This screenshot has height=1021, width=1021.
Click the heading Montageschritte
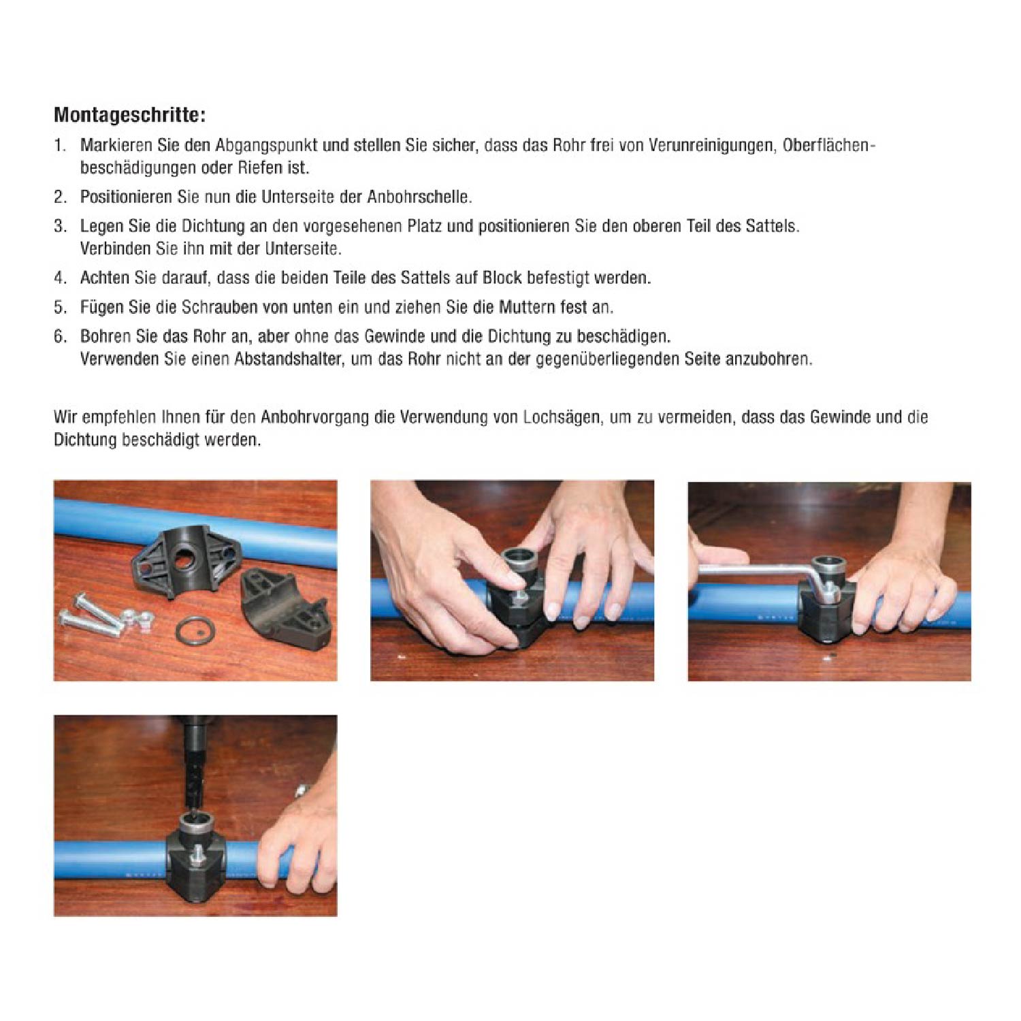[129, 114]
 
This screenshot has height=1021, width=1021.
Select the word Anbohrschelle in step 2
[419, 197]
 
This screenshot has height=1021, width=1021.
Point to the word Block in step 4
[502, 278]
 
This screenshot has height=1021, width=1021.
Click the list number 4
[60, 278]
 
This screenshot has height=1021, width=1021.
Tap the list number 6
[60, 336]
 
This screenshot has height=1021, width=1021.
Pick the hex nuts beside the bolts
[136, 619]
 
